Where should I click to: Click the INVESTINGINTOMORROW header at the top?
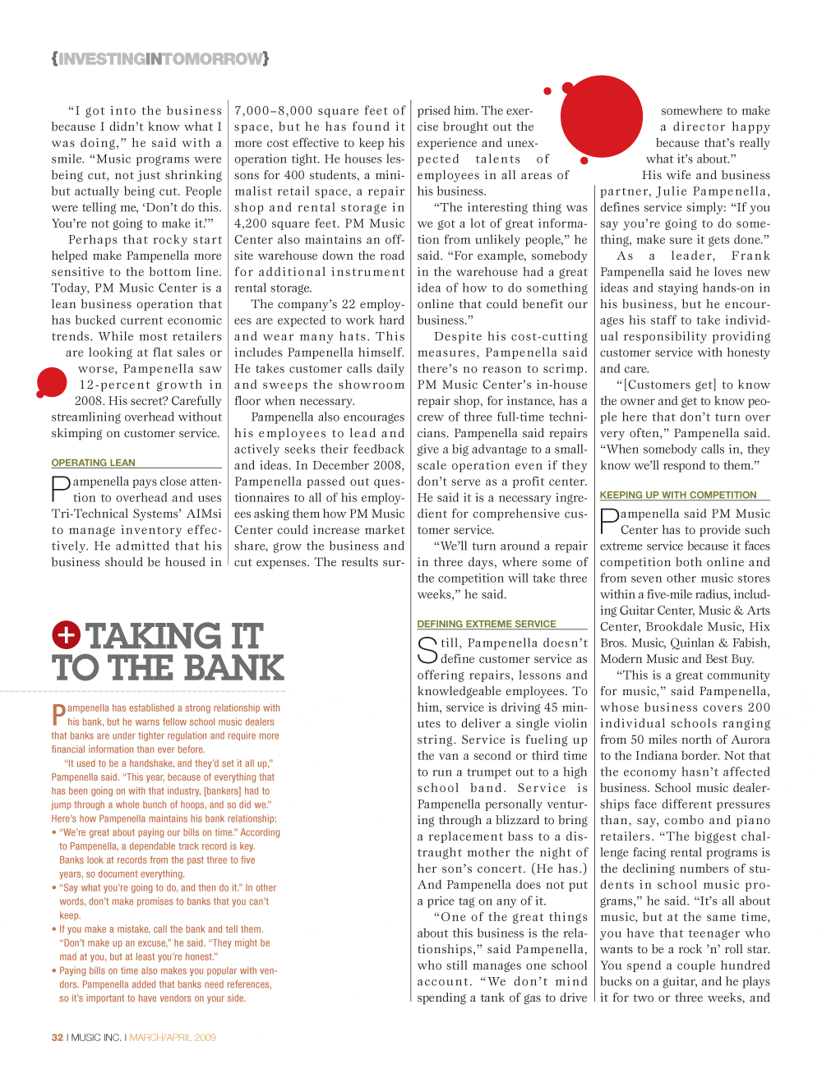(160, 59)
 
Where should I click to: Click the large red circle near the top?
(601, 116)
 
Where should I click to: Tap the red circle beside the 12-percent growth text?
(52, 383)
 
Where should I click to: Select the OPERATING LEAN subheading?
(93, 463)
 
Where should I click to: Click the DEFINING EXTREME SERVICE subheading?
(487, 624)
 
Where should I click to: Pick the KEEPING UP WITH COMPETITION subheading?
(678, 495)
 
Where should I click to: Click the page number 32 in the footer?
(57, 1037)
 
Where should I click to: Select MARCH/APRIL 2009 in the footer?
(173, 1037)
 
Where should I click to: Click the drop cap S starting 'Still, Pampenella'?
(427, 650)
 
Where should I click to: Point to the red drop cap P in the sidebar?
(58, 715)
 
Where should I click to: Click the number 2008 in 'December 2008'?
(388, 465)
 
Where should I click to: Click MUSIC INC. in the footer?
(95, 1037)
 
